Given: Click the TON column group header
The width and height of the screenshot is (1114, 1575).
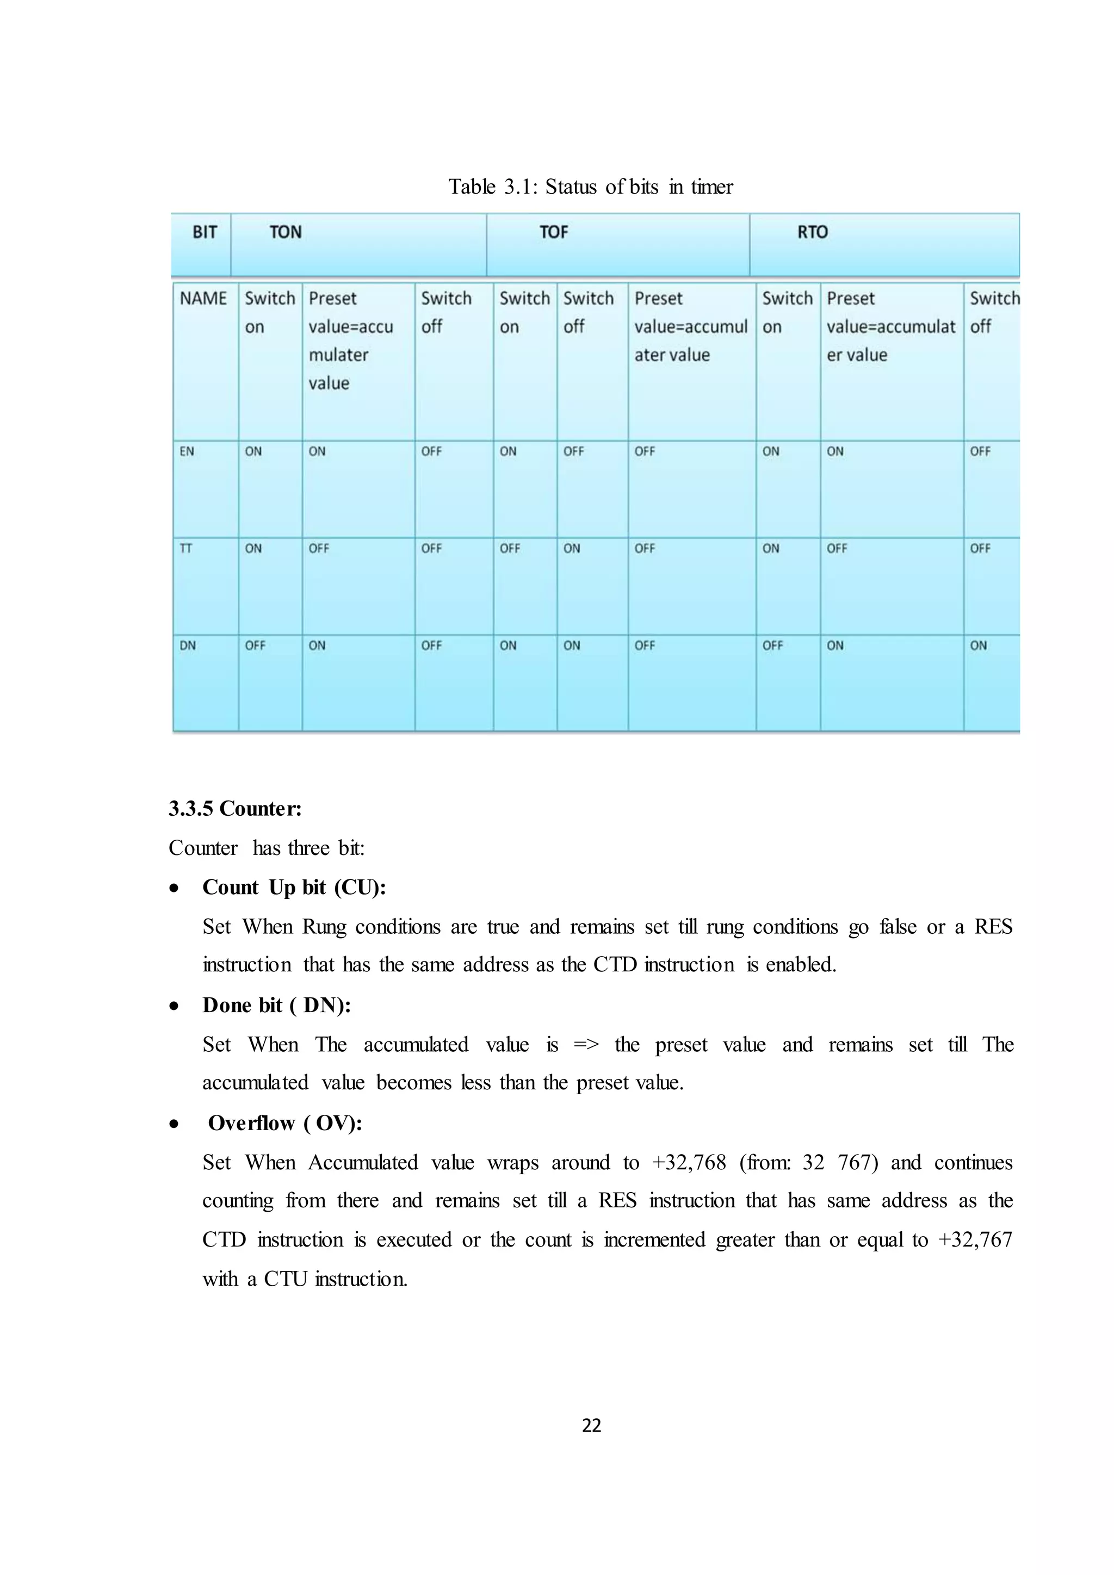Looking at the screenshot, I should pos(286,233).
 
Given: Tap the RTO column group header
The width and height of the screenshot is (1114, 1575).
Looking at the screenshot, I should pos(812,233).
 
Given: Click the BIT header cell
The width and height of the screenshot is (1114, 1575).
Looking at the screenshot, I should pos(205,233).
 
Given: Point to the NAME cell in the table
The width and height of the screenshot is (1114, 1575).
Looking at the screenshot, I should pos(203,299).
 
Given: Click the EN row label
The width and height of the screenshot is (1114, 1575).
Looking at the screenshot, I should pos(187,451).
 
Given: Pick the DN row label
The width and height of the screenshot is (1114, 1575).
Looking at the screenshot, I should pos(187,646).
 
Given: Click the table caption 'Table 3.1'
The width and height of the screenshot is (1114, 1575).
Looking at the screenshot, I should pos(591,187).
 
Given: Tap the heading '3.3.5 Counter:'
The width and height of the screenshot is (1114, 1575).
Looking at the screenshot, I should pos(236,809).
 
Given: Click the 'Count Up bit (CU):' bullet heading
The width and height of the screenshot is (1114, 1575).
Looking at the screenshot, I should pos(294,888).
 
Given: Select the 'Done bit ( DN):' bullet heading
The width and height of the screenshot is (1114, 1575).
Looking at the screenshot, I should pos(276,1006).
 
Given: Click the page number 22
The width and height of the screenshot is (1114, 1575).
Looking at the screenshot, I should pos(591,1426).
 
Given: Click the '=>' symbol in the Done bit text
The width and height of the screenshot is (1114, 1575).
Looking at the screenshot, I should pos(586,1045).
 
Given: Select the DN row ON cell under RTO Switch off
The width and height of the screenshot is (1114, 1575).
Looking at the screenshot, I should pos(978,646).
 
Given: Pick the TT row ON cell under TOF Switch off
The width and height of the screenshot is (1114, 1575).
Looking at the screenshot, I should pos(571,549).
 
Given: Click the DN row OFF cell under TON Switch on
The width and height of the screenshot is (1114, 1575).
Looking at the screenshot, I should pos(255,646).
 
